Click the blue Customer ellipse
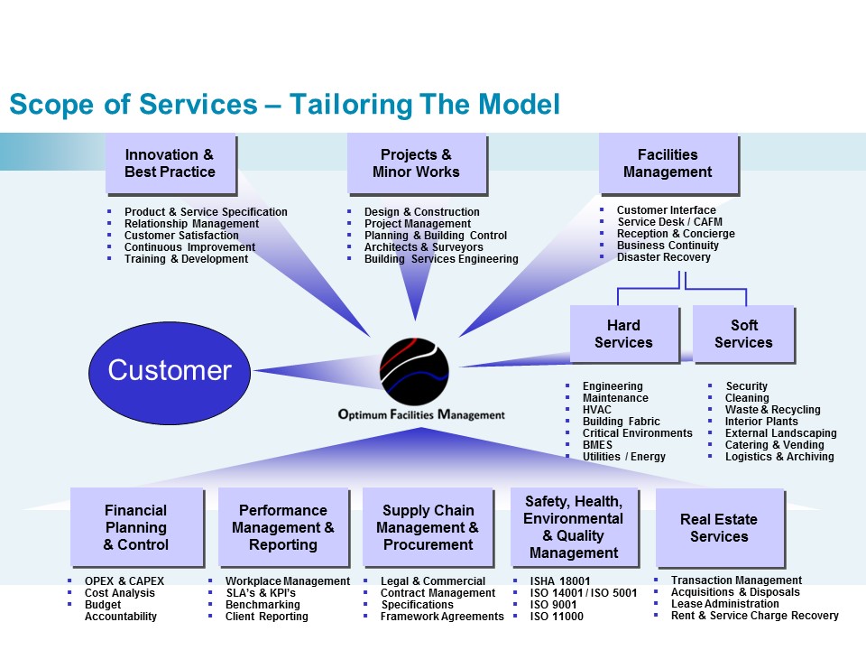pyautogui.click(x=170, y=370)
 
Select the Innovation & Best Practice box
pyautogui.click(x=170, y=163)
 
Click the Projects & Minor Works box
pyautogui.click(x=416, y=163)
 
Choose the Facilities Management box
pyautogui.click(x=668, y=163)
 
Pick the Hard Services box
pyautogui.click(x=623, y=334)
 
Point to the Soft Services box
pyautogui.click(x=743, y=334)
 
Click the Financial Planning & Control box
pyautogui.click(x=135, y=527)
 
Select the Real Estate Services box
pyautogui.click(x=719, y=527)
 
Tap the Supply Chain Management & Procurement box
pyautogui.click(x=428, y=527)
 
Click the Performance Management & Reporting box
pyautogui.click(x=283, y=527)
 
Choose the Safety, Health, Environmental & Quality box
pyautogui.click(x=574, y=527)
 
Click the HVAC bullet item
pyautogui.click(x=597, y=410)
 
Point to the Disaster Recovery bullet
pyautogui.click(x=664, y=257)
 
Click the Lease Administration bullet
pyautogui.click(x=724, y=604)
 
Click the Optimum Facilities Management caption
pyautogui.click(x=421, y=415)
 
